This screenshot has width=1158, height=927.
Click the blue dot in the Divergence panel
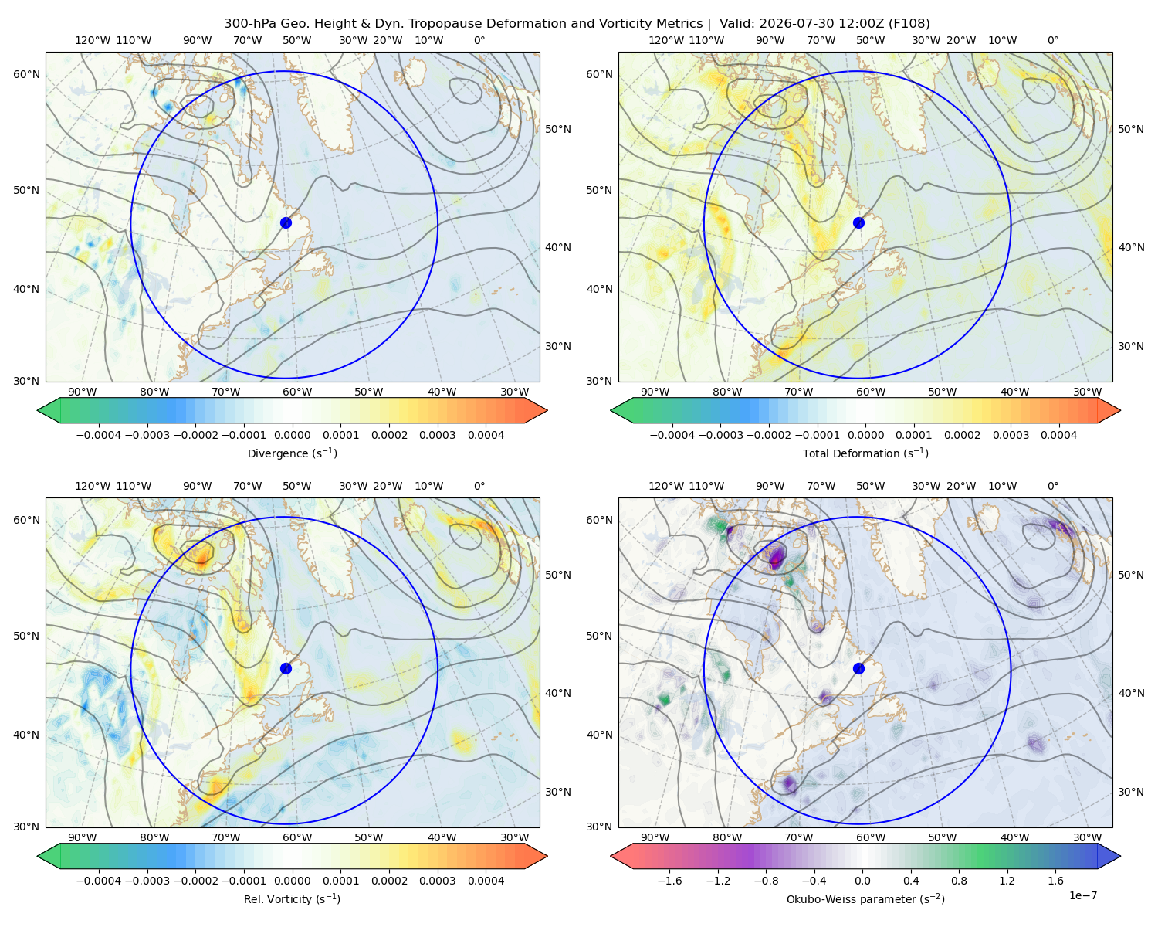(x=286, y=222)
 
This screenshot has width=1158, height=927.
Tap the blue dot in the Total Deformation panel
(x=858, y=222)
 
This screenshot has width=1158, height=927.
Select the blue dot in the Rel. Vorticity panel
(x=286, y=668)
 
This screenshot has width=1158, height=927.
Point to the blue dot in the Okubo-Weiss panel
(x=858, y=668)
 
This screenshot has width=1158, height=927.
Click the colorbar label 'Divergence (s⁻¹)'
(x=292, y=453)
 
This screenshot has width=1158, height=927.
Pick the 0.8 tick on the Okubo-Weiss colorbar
(x=959, y=881)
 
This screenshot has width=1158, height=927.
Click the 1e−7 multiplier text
(x=1082, y=895)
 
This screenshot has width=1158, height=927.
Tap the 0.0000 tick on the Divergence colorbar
(x=292, y=435)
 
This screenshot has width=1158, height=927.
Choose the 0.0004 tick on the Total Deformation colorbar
(x=1058, y=435)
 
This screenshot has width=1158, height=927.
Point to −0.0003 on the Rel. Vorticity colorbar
(x=147, y=881)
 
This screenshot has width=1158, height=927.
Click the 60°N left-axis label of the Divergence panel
(x=26, y=74)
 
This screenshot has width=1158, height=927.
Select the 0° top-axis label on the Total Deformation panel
(x=1052, y=40)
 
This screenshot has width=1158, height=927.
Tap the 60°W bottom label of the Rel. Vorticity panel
(x=297, y=837)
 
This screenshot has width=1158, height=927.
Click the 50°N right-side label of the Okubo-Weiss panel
(x=1130, y=575)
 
